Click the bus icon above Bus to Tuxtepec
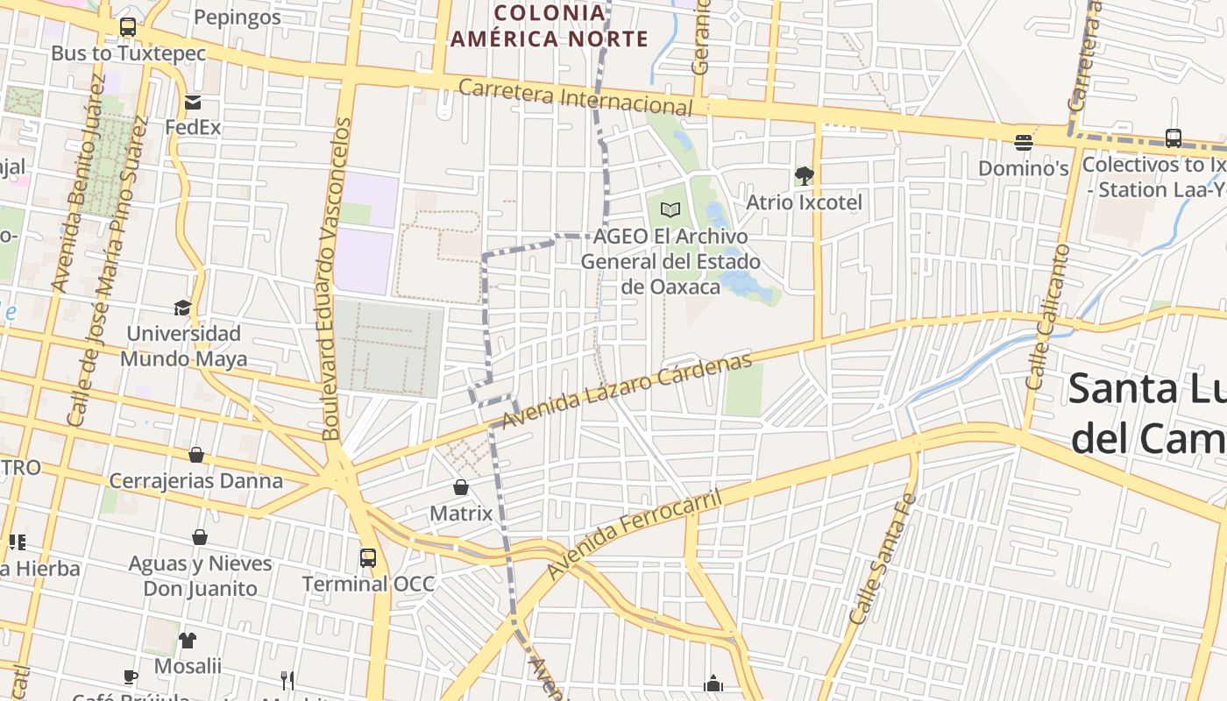coord(128,27)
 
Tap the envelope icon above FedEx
coord(193,103)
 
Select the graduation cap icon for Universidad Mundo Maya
coord(182,308)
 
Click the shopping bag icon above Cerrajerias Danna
coord(196,455)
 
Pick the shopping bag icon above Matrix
coord(461,487)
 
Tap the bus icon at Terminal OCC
coord(368,557)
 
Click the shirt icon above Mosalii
coord(188,640)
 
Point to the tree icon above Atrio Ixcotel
coord(804,176)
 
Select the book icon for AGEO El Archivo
coord(670,209)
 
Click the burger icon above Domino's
coord(1023,141)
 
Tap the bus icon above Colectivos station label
coord(1174,138)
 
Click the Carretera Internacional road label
coord(575,96)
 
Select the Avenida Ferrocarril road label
coord(635,535)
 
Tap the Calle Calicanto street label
coord(1048,316)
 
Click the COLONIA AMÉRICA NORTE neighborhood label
coord(549,26)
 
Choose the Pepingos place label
coord(238,17)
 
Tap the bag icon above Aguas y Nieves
coord(200,537)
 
